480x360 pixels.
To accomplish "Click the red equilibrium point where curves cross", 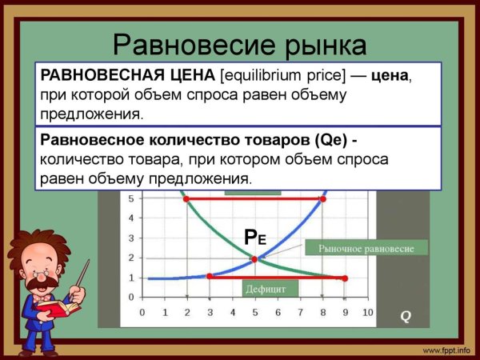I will click(254, 259).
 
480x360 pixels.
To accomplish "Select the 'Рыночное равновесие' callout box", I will click(366, 248).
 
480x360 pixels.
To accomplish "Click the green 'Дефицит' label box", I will click(260, 288).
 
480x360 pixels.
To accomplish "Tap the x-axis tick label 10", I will click(369, 313).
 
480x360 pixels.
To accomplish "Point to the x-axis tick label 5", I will click(255, 313).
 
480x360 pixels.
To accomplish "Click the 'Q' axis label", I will click(406, 316).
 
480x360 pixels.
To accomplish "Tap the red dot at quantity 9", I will click(345, 278).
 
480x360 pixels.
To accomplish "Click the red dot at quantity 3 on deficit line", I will click(210, 276).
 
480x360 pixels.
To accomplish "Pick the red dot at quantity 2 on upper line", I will click(187, 199).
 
